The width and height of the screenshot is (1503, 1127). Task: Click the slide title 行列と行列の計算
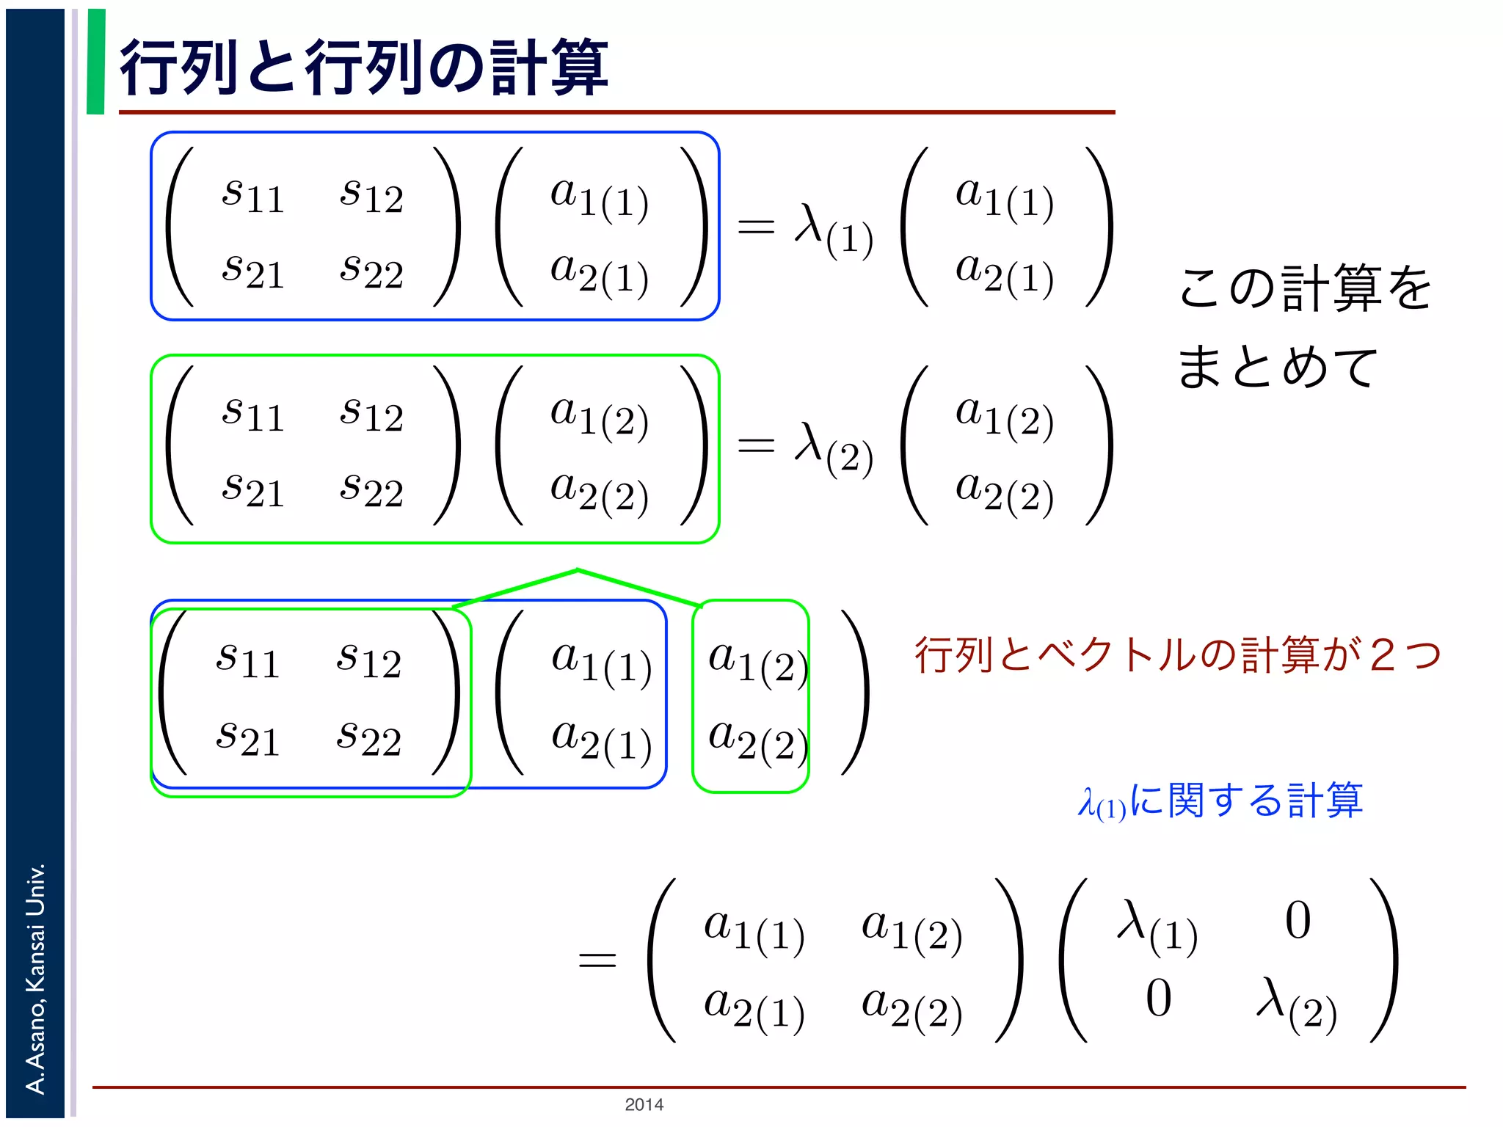tap(363, 68)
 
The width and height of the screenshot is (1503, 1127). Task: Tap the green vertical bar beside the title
tap(95, 62)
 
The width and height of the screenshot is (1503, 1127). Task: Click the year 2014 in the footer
tap(644, 1104)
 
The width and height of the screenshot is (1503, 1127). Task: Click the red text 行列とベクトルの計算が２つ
tap(1177, 654)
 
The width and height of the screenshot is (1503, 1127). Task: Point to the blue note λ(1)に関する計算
tap(1220, 800)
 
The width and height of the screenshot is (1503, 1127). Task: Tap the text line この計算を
tap(1305, 288)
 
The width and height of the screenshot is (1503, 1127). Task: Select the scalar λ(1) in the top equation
tap(834, 230)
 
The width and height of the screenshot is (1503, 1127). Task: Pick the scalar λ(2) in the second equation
tap(834, 448)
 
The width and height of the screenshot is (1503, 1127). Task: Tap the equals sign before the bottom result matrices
tap(597, 960)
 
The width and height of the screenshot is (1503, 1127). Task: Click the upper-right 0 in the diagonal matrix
tap(1298, 920)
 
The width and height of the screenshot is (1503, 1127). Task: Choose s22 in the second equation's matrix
tap(371, 489)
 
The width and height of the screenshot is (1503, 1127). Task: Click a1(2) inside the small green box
tap(756, 660)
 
